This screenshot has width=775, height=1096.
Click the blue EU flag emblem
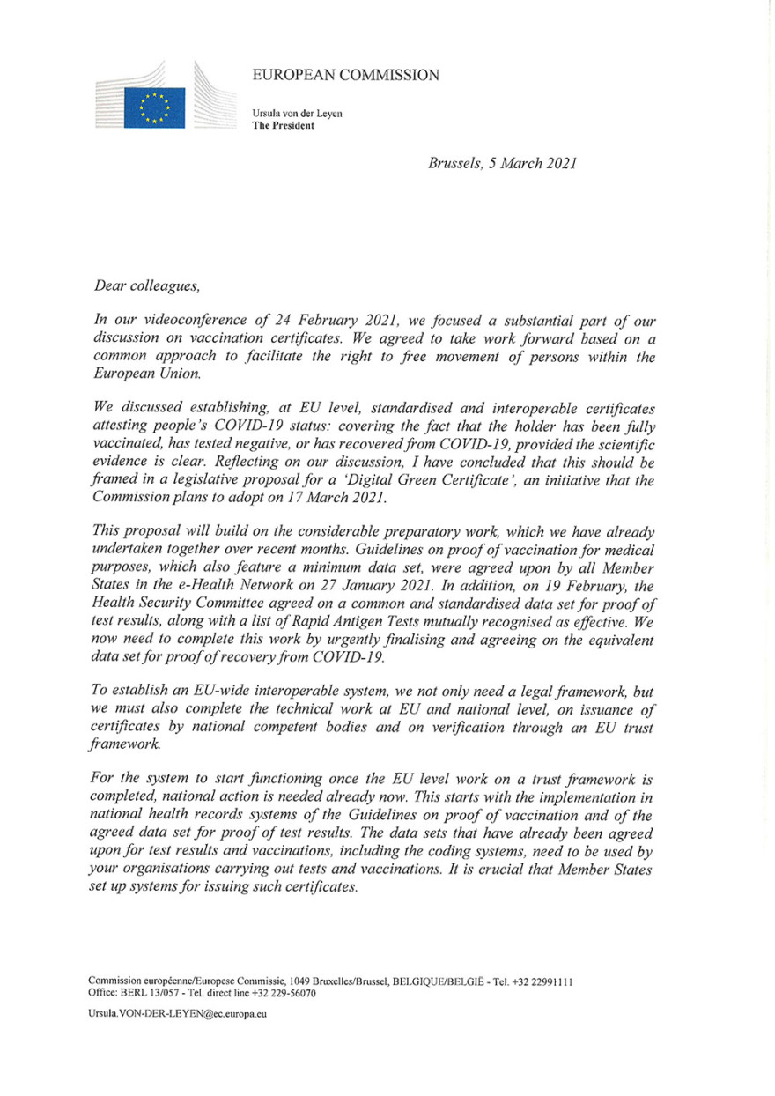153,107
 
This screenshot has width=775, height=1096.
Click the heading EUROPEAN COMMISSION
345,76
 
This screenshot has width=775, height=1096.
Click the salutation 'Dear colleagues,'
151,285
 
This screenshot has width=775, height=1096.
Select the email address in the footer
177,1013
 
